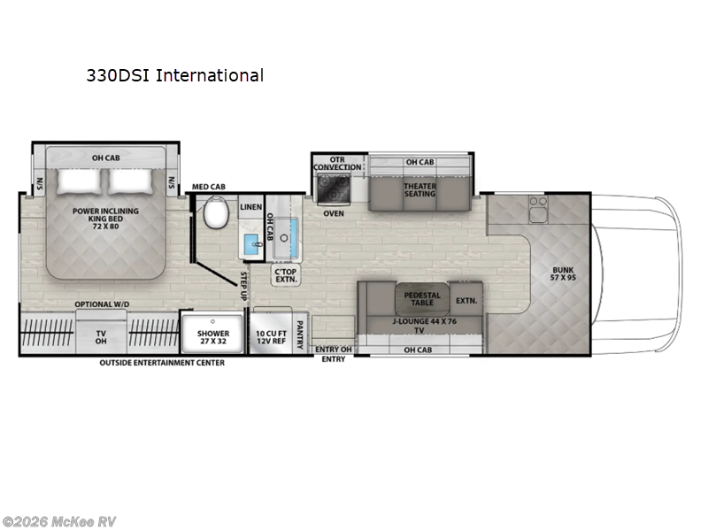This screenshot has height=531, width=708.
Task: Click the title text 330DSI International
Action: pyautogui.click(x=174, y=75)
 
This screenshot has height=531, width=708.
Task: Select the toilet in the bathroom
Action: pyautogui.click(x=214, y=213)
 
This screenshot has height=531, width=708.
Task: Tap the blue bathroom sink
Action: pyautogui.click(x=250, y=244)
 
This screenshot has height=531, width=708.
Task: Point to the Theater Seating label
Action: pyautogui.click(x=419, y=189)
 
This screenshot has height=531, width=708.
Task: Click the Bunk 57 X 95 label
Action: pyautogui.click(x=563, y=274)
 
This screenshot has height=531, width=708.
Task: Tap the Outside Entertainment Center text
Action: pyautogui.click(x=161, y=362)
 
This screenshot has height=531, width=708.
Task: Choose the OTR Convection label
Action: pyautogui.click(x=337, y=163)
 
